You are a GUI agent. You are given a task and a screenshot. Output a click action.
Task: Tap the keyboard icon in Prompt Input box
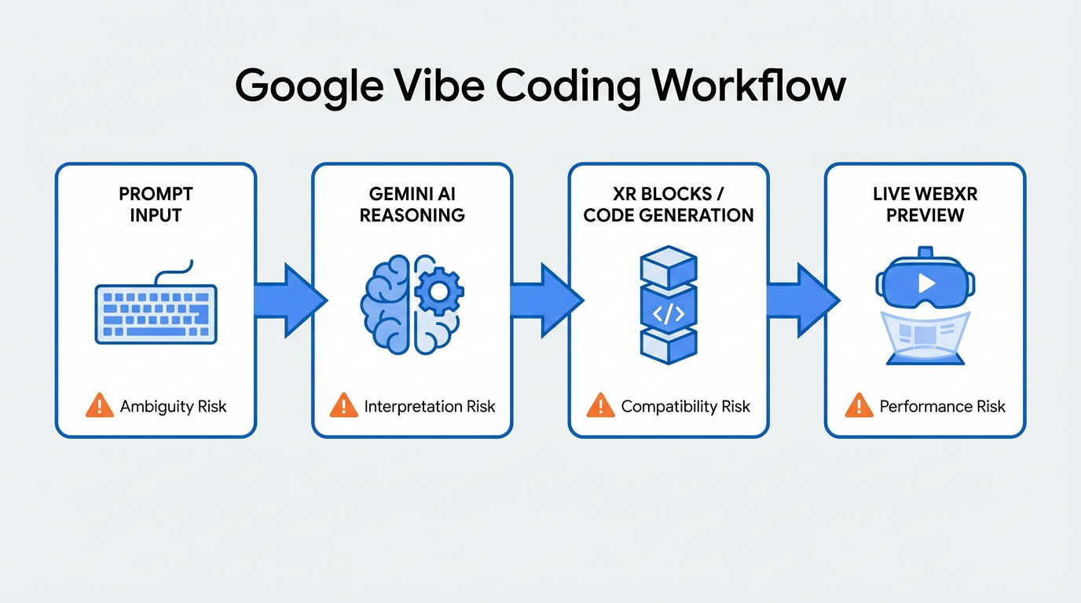pyautogui.click(x=156, y=312)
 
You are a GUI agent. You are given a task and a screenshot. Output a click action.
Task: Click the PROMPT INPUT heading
pyautogui.click(x=156, y=203)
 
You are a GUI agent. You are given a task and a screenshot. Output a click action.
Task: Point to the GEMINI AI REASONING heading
pyautogui.click(x=412, y=203)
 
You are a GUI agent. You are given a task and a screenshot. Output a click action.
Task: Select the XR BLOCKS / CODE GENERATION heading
pyautogui.click(x=669, y=203)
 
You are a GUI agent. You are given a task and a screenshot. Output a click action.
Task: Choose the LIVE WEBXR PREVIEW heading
pyautogui.click(x=925, y=203)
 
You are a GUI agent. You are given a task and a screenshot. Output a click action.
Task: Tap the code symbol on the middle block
pyautogui.click(x=669, y=313)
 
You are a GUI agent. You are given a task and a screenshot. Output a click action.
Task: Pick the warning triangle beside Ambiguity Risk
pyautogui.click(x=99, y=406)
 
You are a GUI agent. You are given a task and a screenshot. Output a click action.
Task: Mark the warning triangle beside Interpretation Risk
pyautogui.click(x=343, y=406)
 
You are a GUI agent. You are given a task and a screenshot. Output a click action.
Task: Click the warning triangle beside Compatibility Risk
pyautogui.click(x=600, y=406)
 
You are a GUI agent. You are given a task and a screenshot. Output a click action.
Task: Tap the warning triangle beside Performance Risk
pyautogui.click(x=858, y=406)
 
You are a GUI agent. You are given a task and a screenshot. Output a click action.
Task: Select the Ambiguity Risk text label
pyautogui.click(x=173, y=407)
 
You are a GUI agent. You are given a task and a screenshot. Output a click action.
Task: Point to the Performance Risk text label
pyautogui.click(x=942, y=407)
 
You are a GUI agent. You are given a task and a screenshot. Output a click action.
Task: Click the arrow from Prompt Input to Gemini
pyautogui.click(x=288, y=299)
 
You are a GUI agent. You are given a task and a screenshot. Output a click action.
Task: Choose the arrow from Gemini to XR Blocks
pyautogui.click(x=545, y=299)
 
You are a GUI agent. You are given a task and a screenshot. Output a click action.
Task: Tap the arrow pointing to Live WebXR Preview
pyautogui.click(x=801, y=299)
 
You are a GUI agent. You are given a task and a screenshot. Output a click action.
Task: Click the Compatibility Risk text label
pyautogui.click(x=685, y=407)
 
